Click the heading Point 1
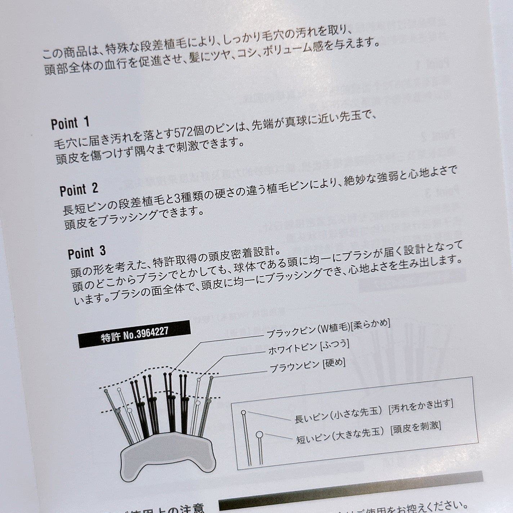tap(70, 124)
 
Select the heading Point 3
tap(87, 253)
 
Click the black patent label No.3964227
tap(134, 334)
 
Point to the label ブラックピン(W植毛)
tap(308, 330)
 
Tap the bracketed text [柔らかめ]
tap(371, 324)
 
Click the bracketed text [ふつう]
tap(335, 345)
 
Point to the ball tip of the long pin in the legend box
tap(244, 412)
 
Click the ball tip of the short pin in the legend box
tap(259, 435)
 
